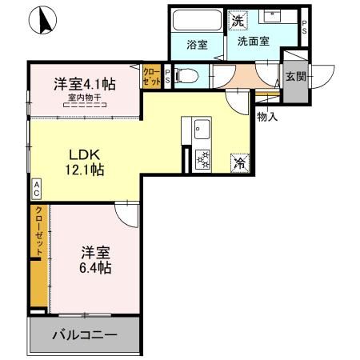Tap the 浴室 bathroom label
tap(198, 46)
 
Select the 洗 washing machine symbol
tap(238, 19)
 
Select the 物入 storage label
tap(267, 118)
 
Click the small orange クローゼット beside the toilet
tap(151, 76)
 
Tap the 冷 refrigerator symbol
tap(239, 162)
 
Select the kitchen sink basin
tap(200, 129)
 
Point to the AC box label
tap(36, 189)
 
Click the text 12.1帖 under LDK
tap(85, 169)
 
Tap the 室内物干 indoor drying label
tap(84, 98)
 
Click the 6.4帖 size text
tap(94, 266)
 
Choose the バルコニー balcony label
tap(85, 334)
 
